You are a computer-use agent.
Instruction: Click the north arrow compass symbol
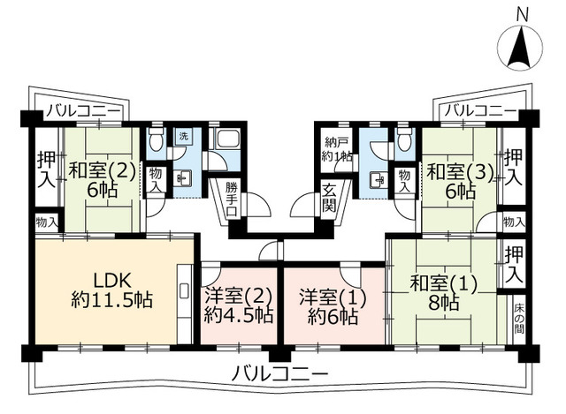pos(520,48)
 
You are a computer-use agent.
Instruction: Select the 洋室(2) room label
pos(238,305)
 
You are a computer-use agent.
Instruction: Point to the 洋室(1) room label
pos(333,306)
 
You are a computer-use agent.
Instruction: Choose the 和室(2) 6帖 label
pos(103,180)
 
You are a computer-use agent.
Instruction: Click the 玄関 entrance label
pos(329,198)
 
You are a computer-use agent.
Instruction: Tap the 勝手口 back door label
pos(232,199)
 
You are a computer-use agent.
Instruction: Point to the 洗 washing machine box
pos(184,136)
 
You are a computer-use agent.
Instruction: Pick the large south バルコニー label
pos(279,373)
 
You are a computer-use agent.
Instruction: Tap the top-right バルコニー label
pos(480,110)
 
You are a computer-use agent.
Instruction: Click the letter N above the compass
pos(522,15)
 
